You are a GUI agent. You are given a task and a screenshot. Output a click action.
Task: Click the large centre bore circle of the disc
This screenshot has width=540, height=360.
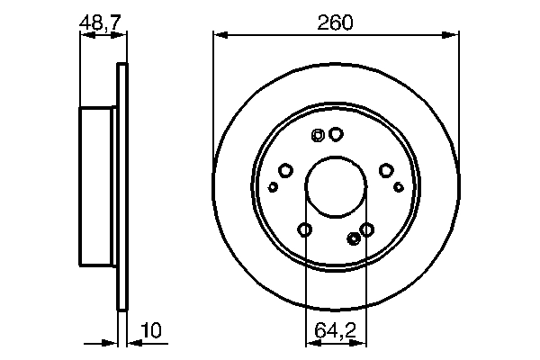click(336, 187)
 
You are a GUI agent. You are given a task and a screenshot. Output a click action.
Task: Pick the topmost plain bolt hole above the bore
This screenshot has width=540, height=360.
click(336, 134)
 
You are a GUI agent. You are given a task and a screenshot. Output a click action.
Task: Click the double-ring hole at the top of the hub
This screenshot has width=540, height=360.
click(317, 136)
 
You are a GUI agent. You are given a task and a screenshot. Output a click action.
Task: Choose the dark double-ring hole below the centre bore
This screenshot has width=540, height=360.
click(353, 238)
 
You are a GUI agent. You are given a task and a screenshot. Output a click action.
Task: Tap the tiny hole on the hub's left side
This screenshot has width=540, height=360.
click(273, 187)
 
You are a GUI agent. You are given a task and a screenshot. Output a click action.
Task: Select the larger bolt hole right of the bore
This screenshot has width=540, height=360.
click(386, 169)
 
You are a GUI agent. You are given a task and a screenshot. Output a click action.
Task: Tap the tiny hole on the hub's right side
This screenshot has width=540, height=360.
click(399, 187)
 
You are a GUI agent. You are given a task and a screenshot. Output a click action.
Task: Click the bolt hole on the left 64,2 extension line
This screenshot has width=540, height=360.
click(305, 230)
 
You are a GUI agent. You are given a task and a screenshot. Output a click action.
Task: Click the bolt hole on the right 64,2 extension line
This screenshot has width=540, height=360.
click(366, 230)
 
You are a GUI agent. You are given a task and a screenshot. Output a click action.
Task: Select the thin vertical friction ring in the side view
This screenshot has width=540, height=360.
click(122, 187)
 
